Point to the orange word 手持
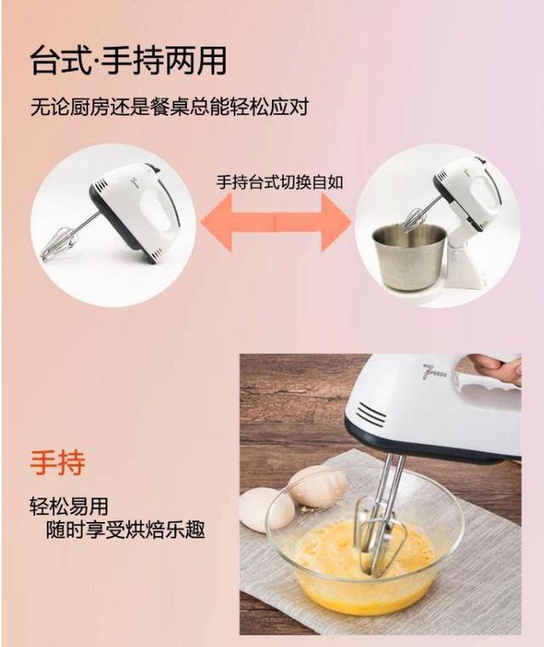click(58, 463)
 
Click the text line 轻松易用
click(69, 507)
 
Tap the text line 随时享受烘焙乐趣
click(126, 530)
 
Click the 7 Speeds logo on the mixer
click(435, 372)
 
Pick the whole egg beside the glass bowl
click(266, 508)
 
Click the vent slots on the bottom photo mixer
click(371, 414)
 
